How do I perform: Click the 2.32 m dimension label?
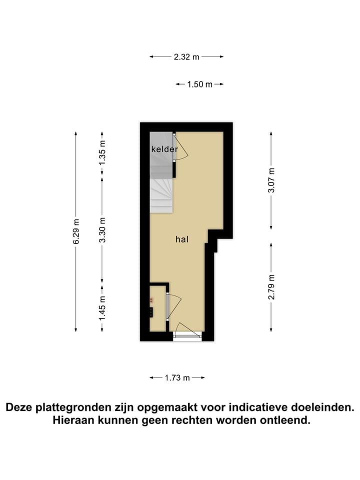click(x=186, y=57)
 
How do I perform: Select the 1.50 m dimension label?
click(x=199, y=84)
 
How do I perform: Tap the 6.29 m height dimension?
click(x=76, y=231)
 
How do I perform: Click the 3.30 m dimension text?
click(x=102, y=229)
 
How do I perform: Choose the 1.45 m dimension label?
click(x=102, y=308)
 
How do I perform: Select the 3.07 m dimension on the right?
click(x=271, y=180)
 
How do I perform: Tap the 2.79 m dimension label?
click(x=271, y=287)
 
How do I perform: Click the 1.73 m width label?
click(x=177, y=378)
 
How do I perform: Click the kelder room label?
click(x=164, y=149)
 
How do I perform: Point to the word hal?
click(x=181, y=239)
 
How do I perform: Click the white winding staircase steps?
click(x=161, y=195)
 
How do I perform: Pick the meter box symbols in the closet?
click(x=150, y=306)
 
